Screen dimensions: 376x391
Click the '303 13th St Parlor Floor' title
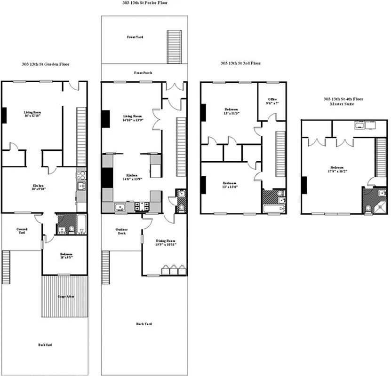tap(144, 3)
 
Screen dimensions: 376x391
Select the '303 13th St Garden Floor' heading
tap(46, 64)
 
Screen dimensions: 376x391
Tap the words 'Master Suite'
tap(343, 104)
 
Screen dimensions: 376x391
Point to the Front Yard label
tap(135, 36)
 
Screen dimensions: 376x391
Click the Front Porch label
tap(143, 73)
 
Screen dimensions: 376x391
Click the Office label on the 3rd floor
tap(272, 99)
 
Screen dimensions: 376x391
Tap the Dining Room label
tap(166, 240)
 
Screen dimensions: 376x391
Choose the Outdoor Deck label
tap(121, 231)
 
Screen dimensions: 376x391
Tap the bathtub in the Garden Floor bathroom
tap(81, 224)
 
